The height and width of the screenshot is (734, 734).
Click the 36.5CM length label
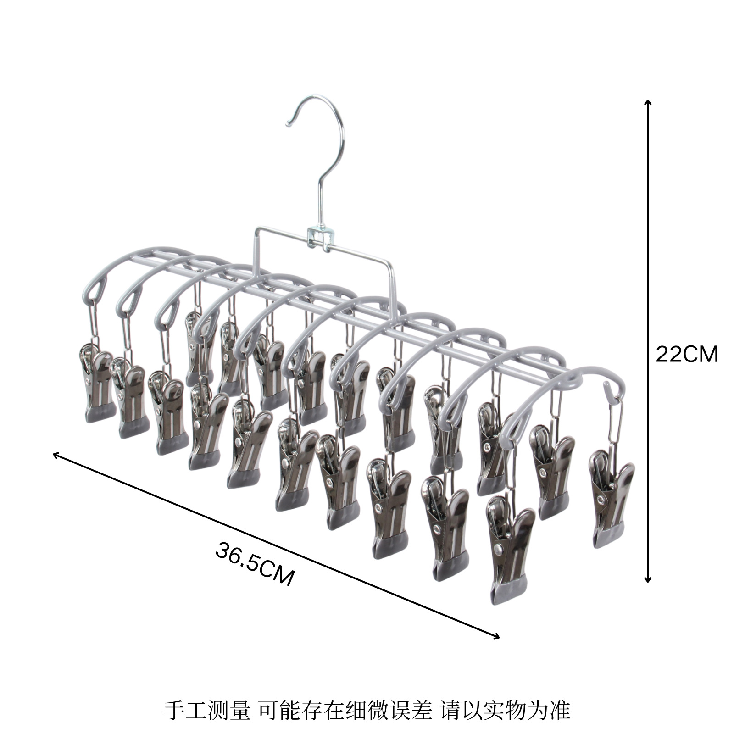pos(255,564)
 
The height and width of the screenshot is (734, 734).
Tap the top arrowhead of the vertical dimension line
pos(647,102)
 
